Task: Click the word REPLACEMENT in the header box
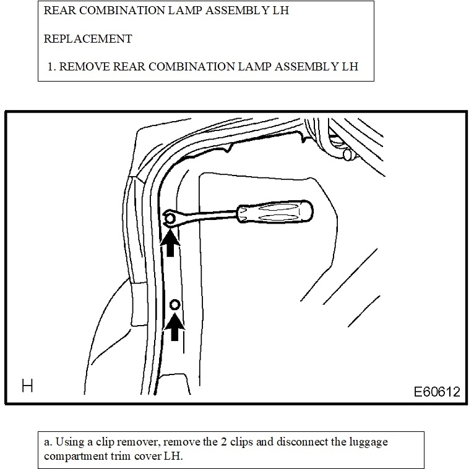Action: pos(88,38)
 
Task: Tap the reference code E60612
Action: pos(437,391)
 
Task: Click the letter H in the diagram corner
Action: pos(27,387)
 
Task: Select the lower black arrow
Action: pos(175,327)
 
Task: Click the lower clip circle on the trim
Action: pos(175,305)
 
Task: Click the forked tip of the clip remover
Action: pos(170,218)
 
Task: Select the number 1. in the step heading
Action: pos(52,66)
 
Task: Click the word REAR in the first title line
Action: pos(59,11)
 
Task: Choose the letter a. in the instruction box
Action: pos(48,443)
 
